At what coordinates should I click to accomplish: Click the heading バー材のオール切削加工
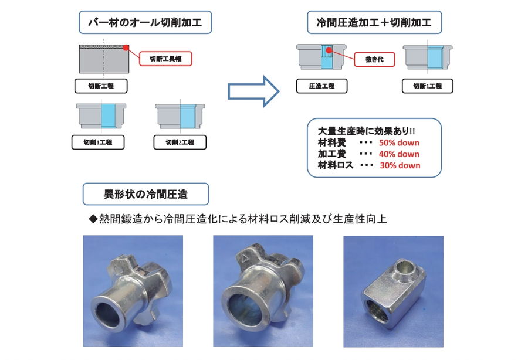145,22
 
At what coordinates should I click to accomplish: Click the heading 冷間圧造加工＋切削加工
374,22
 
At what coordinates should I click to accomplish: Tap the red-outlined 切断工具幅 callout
165,59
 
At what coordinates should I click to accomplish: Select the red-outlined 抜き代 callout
374,60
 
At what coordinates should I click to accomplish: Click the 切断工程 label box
101,86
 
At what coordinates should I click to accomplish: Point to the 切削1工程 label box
98,142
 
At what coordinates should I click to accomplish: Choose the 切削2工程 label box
180,142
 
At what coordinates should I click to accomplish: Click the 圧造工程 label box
321,86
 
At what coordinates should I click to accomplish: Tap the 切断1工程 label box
427,86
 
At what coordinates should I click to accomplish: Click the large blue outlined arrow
253,91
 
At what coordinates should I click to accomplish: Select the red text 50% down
399,142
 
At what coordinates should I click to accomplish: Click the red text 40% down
399,154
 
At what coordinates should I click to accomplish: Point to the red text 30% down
400,165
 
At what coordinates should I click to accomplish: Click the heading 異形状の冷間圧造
146,194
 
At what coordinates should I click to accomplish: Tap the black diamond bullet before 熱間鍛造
93,219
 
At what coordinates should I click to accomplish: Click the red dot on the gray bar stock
126,47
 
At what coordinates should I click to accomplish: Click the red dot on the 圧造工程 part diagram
329,51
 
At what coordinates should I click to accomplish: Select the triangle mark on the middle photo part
243,259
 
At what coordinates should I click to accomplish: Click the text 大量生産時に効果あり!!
366,131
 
